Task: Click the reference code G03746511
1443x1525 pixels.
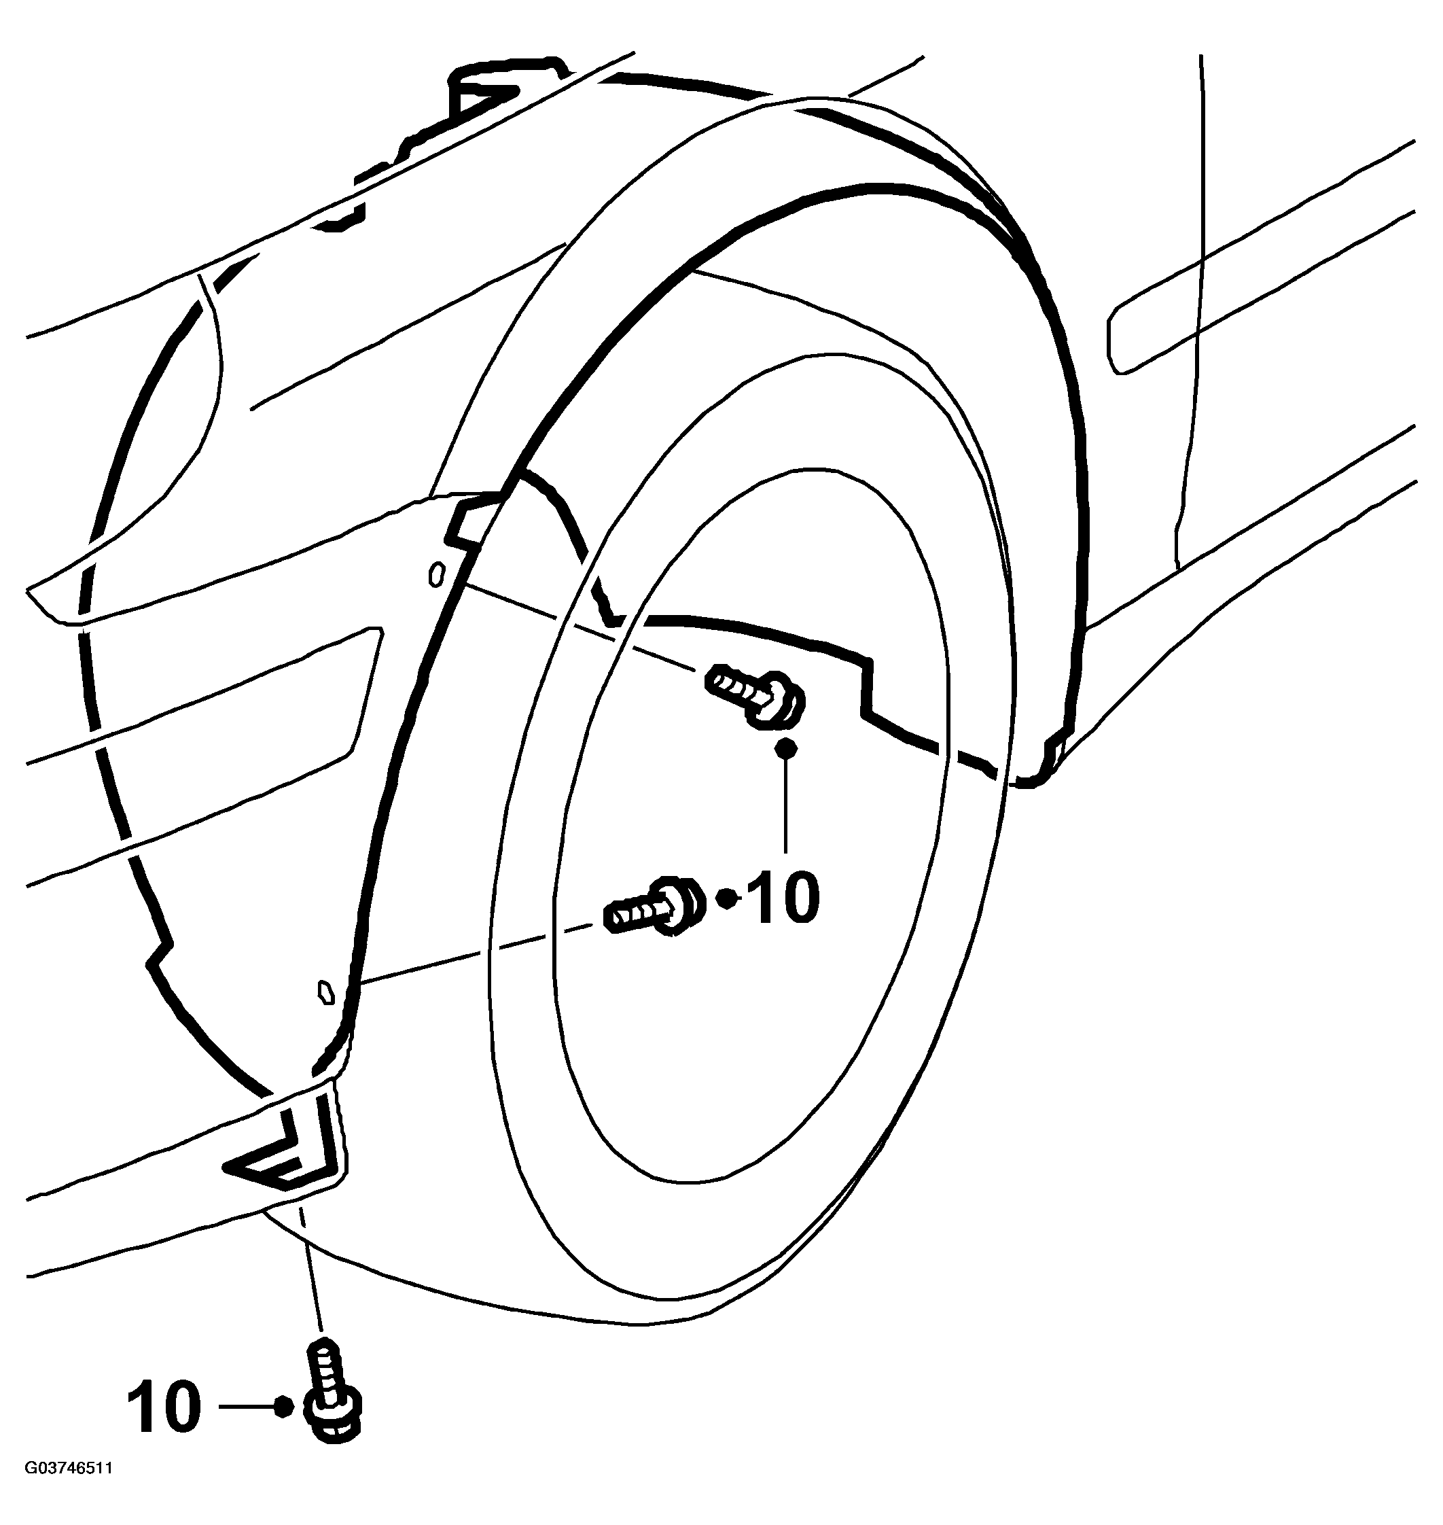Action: (x=69, y=1489)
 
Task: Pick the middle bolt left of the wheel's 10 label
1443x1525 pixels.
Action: (x=654, y=907)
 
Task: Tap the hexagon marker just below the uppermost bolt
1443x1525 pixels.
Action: (x=785, y=747)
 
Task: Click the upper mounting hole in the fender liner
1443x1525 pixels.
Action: (x=436, y=574)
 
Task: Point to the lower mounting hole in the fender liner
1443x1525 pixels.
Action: (x=326, y=992)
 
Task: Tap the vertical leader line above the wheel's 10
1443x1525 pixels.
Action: (x=785, y=805)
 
